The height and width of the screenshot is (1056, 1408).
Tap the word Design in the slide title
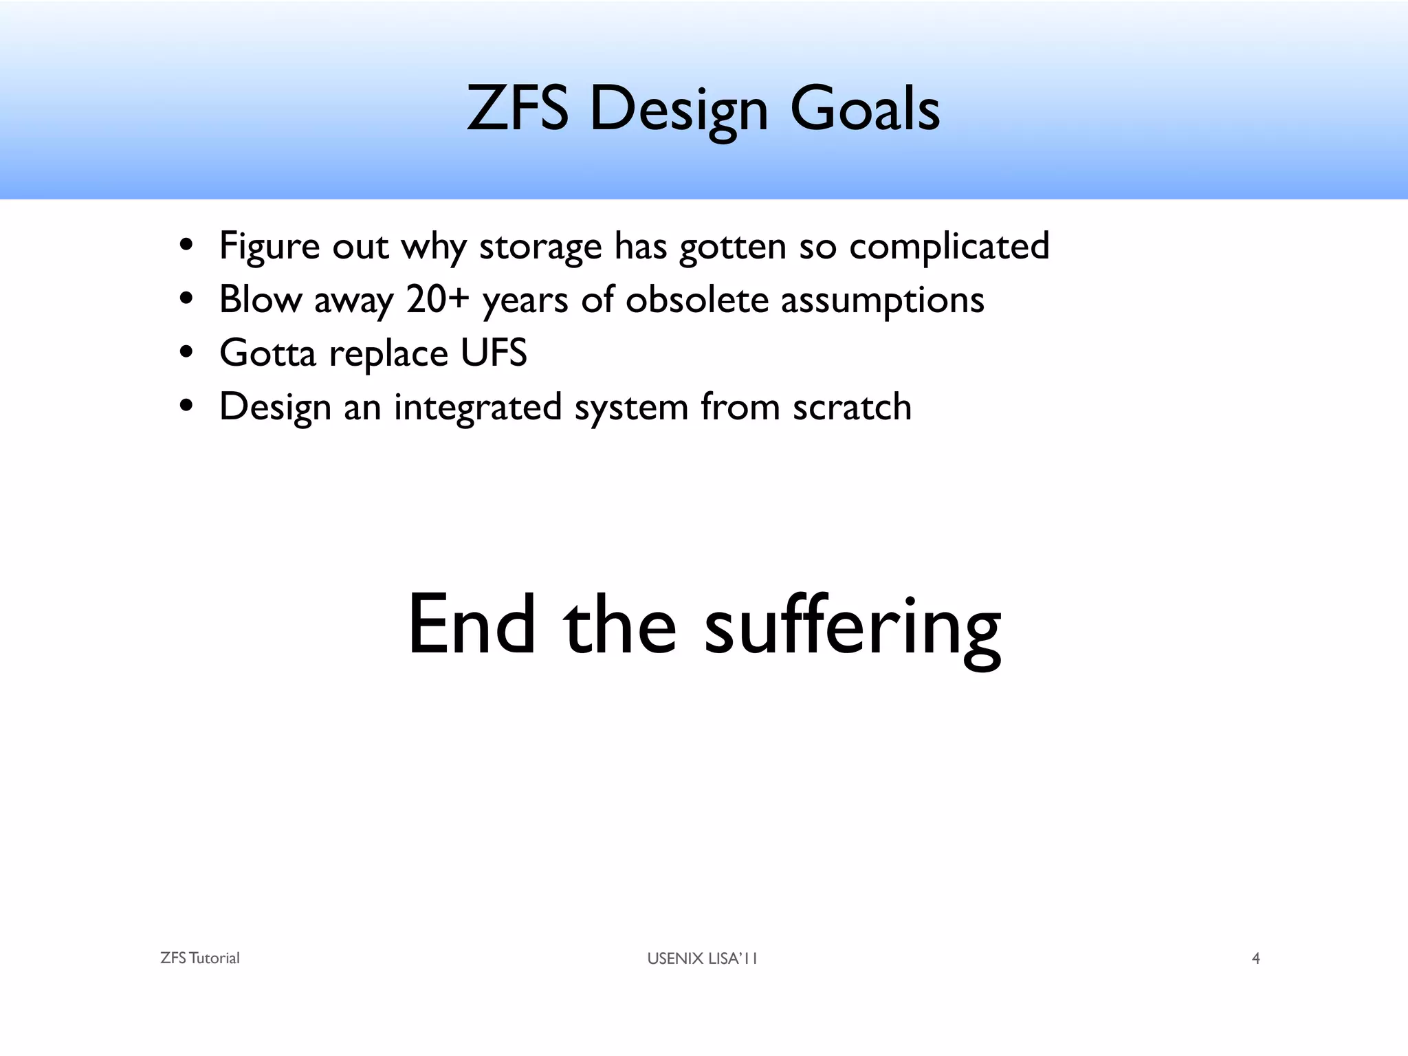(x=678, y=110)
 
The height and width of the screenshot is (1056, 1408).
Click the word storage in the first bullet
(x=540, y=246)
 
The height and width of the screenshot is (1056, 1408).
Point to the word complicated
(x=949, y=246)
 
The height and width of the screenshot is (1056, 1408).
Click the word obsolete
(x=696, y=300)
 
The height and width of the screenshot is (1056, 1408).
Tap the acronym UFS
(x=493, y=353)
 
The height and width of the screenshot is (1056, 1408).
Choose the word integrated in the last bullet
(x=478, y=407)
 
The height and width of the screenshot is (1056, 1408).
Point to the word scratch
(x=852, y=407)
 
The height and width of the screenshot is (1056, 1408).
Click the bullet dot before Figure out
(x=186, y=246)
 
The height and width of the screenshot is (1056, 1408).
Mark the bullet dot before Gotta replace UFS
(x=186, y=353)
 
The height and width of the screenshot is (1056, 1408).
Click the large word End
(x=471, y=624)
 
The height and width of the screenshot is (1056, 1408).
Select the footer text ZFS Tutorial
(x=199, y=958)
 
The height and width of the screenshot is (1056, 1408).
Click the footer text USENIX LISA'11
(x=702, y=958)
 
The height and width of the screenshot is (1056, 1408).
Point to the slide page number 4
(x=1255, y=958)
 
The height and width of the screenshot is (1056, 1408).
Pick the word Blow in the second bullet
(x=261, y=300)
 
